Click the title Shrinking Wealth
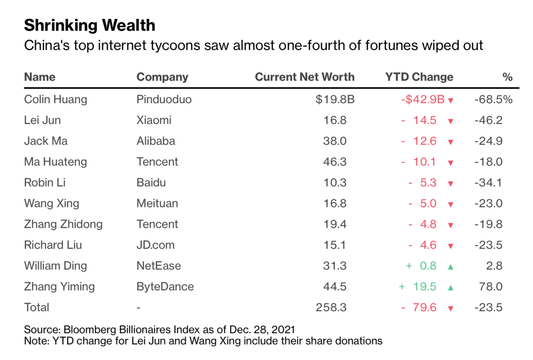(90, 26)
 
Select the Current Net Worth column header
(305, 77)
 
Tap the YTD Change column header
(419, 77)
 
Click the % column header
(507, 77)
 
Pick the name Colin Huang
(56, 99)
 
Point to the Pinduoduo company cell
(164, 99)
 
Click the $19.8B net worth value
(335, 99)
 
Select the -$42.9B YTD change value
(423, 99)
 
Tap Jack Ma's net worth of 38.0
(335, 141)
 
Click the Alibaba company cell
(156, 141)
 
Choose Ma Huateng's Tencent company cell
(157, 161)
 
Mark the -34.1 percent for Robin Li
(489, 182)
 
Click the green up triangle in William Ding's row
(451, 267)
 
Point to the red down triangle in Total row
(451, 309)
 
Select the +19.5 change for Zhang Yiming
(418, 286)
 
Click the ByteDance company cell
(165, 286)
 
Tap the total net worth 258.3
(331, 307)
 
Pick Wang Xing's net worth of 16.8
(335, 203)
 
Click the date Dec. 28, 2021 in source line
(262, 329)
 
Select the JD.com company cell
(155, 244)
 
